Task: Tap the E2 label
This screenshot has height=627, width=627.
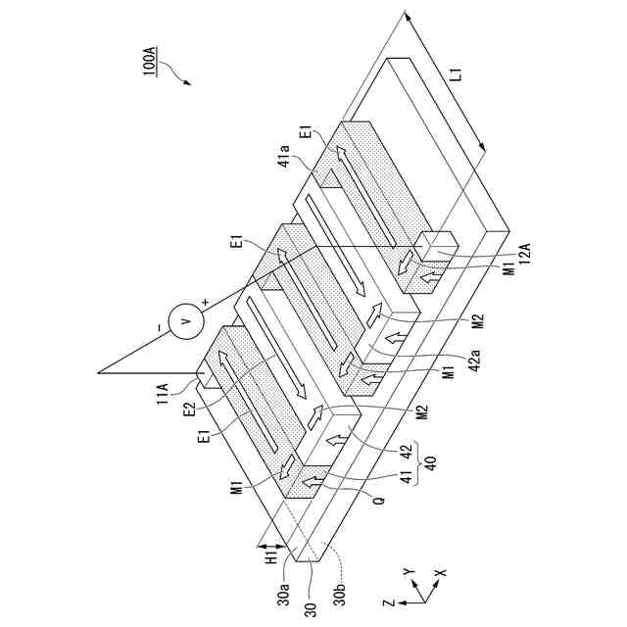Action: coord(188,405)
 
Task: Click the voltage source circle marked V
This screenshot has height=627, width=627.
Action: coord(184,320)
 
